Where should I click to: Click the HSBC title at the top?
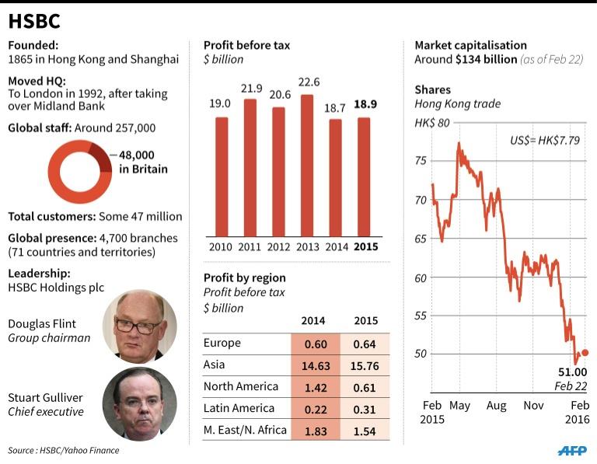(x=35, y=21)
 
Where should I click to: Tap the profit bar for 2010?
(x=222, y=176)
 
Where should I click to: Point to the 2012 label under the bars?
(x=278, y=247)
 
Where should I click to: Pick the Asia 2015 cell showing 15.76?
(x=365, y=365)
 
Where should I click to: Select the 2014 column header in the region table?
(x=314, y=320)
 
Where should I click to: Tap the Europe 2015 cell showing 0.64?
(x=365, y=343)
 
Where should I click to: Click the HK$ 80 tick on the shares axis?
(x=431, y=123)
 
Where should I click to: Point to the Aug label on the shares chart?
(x=495, y=405)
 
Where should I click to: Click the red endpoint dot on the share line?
(x=585, y=353)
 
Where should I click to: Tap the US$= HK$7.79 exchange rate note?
(x=544, y=141)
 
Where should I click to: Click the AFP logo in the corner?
(x=572, y=450)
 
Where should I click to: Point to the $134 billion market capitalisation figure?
(x=486, y=60)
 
